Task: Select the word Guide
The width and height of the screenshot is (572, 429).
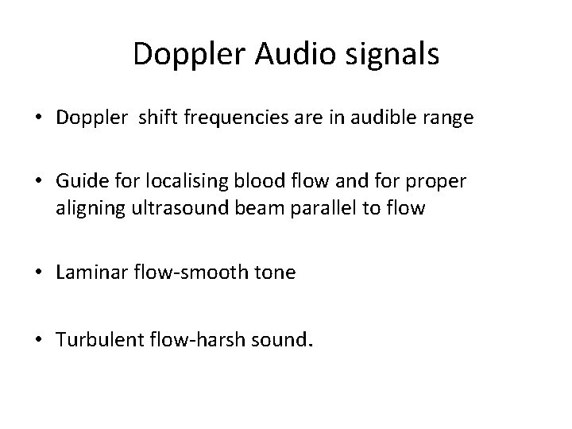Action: point(78,181)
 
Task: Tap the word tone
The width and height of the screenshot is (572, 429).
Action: point(275,272)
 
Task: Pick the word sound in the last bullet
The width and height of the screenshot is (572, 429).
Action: point(282,340)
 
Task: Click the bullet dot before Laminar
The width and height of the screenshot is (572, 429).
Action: point(39,273)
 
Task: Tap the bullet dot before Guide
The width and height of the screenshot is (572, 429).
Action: point(39,182)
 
